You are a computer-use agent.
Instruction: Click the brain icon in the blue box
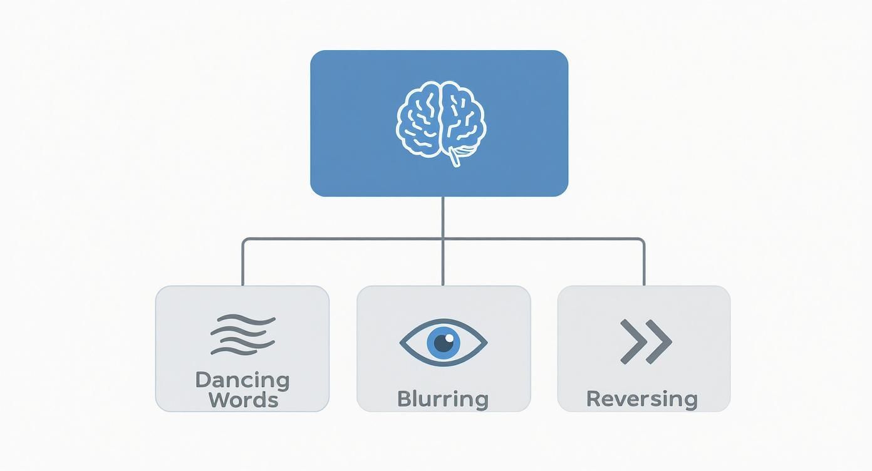click(441, 124)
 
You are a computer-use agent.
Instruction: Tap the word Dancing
click(242, 380)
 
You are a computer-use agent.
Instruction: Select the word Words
click(244, 400)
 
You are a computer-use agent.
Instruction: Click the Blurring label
click(443, 400)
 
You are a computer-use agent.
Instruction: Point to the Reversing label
click(642, 400)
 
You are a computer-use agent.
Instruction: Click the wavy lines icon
click(243, 334)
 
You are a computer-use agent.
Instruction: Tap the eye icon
click(444, 343)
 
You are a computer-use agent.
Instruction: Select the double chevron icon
click(646, 342)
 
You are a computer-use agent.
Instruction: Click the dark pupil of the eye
click(444, 343)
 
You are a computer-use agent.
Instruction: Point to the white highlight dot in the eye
click(449, 338)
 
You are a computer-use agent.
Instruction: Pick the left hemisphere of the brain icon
click(419, 119)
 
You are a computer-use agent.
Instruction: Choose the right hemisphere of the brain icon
click(464, 116)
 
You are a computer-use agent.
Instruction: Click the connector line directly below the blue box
click(443, 217)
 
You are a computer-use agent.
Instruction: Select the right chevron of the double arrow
click(658, 342)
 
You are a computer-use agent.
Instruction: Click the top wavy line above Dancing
click(246, 319)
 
